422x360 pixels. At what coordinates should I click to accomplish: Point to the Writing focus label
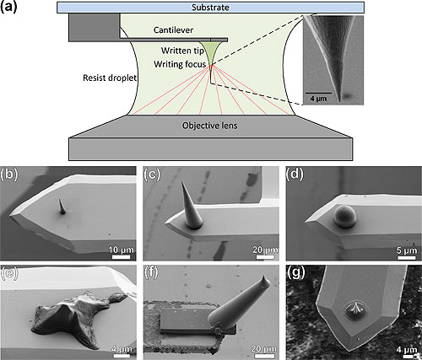pos(180,65)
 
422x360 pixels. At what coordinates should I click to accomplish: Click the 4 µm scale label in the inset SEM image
pos(316,108)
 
